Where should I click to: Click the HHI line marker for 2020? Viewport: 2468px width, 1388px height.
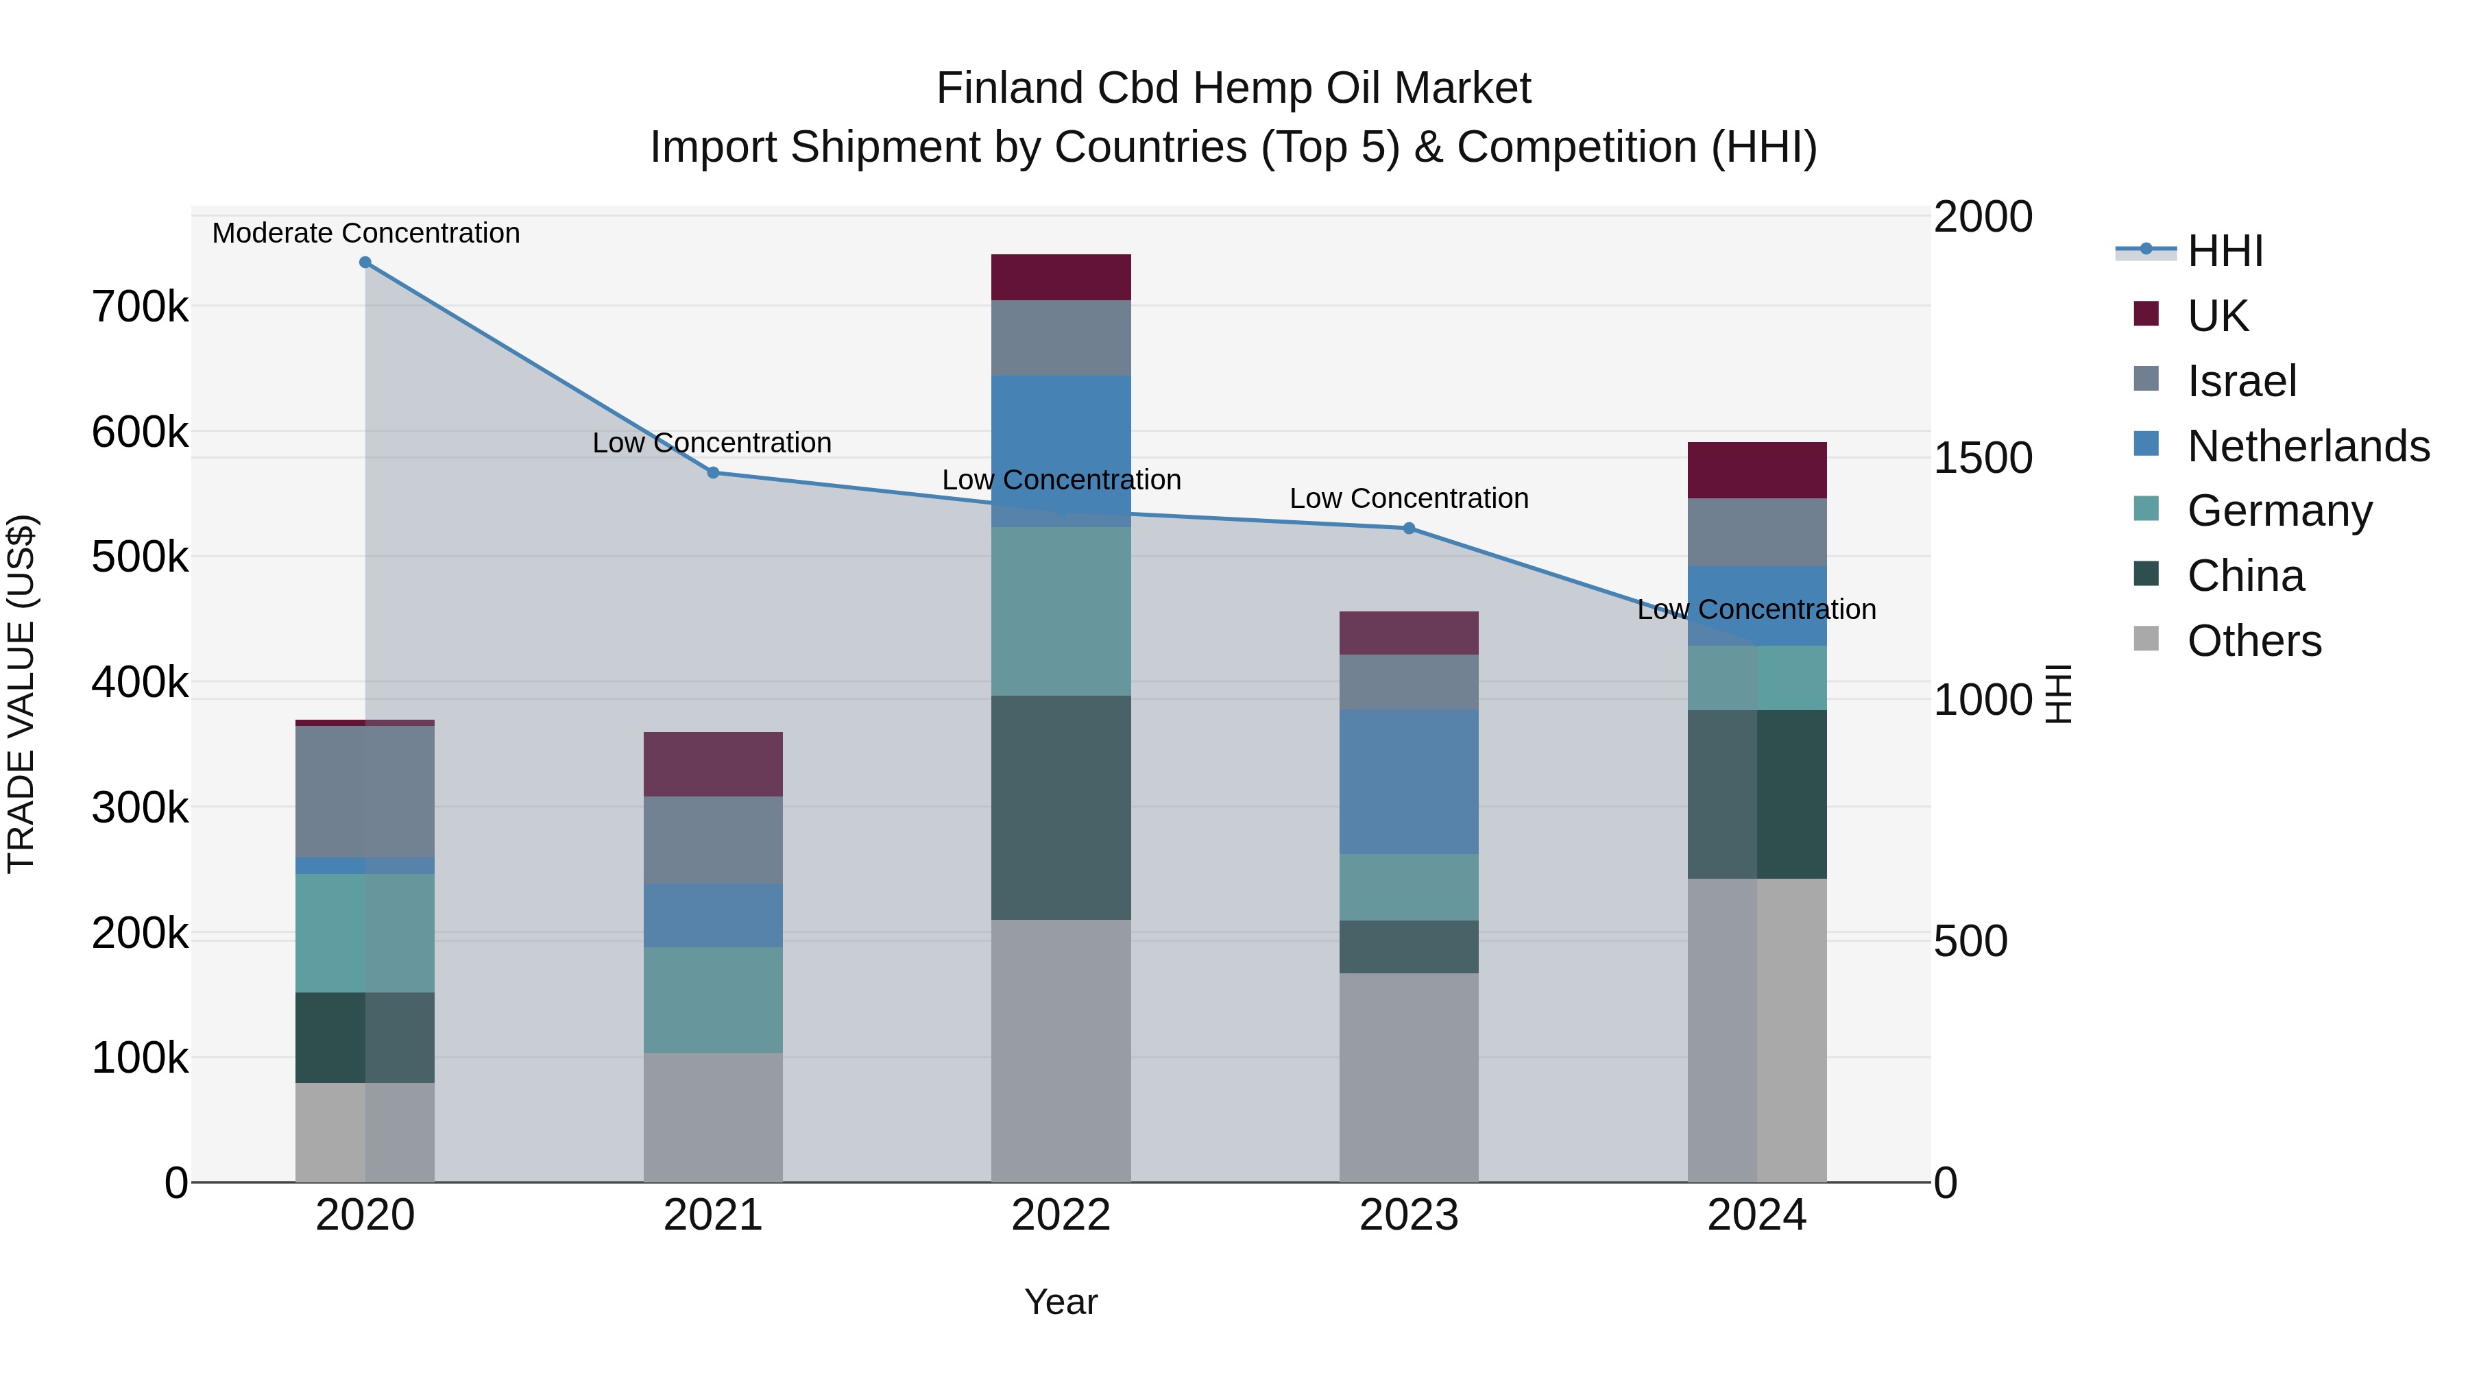coord(365,263)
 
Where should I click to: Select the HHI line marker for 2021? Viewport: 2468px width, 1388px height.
coord(713,472)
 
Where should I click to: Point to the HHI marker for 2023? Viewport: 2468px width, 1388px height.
coord(1408,528)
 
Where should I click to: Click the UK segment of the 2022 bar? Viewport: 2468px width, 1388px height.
coord(1061,277)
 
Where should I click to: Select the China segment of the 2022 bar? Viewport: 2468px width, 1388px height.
coord(1061,807)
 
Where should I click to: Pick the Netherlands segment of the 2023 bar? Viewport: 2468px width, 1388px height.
coord(1408,781)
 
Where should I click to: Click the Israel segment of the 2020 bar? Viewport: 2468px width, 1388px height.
coord(365,791)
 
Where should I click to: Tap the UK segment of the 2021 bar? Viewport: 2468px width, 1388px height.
coord(713,764)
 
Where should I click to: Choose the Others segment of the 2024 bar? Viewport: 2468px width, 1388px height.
coord(1756,1030)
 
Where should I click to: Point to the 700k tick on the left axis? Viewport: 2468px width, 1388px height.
coord(140,308)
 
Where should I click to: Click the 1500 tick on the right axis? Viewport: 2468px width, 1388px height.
coord(1982,458)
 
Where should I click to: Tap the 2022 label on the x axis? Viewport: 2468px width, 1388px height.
coord(1061,1215)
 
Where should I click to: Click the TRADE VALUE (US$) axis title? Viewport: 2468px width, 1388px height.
coord(21,694)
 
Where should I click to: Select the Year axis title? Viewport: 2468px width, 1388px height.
coord(1061,1302)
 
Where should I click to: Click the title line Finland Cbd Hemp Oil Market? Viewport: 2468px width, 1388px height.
coord(1233,88)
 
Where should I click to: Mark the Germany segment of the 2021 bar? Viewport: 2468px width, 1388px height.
coord(713,999)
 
